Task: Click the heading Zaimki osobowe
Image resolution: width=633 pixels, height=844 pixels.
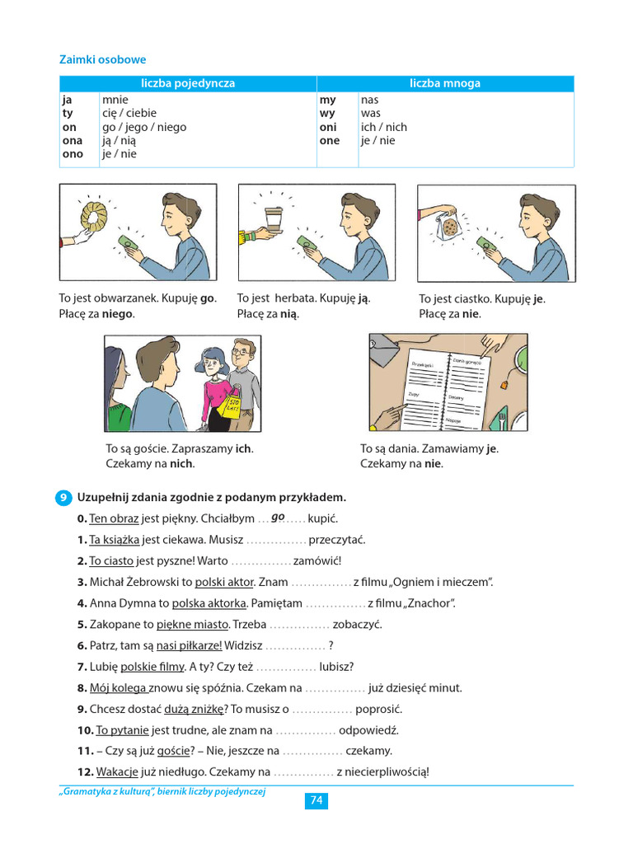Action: [x=102, y=60]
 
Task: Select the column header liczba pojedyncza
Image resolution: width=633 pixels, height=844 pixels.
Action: [x=188, y=83]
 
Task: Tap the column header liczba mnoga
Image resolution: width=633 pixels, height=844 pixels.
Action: [x=445, y=83]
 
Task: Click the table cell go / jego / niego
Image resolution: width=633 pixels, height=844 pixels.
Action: [x=144, y=127]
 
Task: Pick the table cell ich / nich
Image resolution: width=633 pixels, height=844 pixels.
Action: [x=383, y=127]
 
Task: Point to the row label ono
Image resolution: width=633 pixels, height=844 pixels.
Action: [x=73, y=154]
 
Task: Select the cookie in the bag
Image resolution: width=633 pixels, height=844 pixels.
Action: [x=450, y=226]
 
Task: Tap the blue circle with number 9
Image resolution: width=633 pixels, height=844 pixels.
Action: [x=64, y=498]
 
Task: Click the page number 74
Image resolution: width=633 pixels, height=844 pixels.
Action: [x=316, y=800]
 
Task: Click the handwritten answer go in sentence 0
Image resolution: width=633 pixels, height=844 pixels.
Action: [x=277, y=517]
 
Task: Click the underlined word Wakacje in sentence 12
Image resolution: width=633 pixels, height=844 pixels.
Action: [x=115, y=772]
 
